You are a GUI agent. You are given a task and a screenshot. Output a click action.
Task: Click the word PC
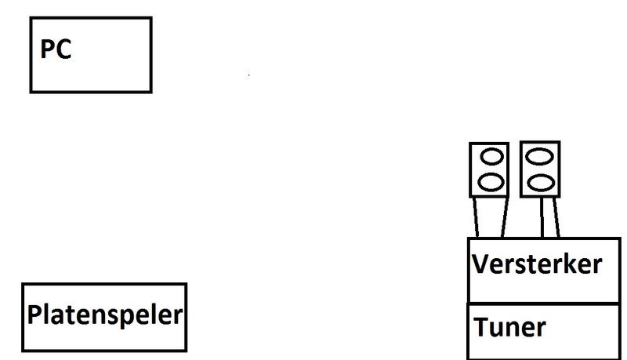click(56, 50)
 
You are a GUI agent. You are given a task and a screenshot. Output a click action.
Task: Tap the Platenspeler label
click(105, 316)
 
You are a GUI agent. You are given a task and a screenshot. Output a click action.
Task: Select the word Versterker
click(537, 264)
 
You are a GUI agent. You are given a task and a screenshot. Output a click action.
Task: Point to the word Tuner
click(509, 326)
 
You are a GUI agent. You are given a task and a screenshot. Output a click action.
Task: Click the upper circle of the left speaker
click(490, 158)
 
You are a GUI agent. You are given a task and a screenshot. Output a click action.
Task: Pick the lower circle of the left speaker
click(490, 182)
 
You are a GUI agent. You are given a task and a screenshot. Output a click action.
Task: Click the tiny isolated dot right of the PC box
click(249, 76)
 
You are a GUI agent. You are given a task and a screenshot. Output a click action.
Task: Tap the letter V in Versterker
click(480, 264)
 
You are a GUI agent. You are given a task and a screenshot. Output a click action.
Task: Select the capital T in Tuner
click(480, 326)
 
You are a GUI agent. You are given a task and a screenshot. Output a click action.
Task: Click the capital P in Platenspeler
click(34, 316)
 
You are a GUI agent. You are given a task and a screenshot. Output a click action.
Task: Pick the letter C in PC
click(64, 50)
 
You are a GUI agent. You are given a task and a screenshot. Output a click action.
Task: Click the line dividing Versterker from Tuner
click(545, 303)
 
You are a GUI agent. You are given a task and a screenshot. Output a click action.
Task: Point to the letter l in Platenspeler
click(46, 315)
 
